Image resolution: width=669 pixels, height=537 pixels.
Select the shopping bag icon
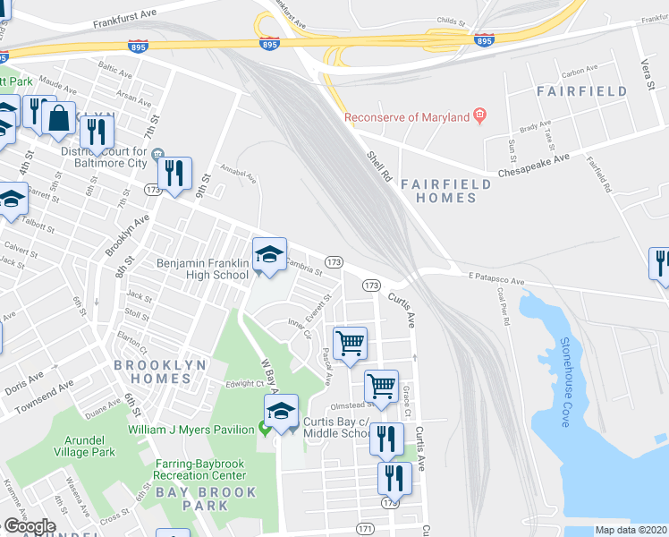coord(58,120)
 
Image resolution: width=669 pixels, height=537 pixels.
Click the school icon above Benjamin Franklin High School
coord(268,256)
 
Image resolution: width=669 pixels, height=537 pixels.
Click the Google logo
coord(29,526)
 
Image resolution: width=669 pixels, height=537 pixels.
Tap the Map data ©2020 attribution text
coord(630,530)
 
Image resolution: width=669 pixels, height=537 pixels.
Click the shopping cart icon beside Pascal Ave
coord(350,342)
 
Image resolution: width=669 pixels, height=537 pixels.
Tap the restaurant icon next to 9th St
coord(174,172)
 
